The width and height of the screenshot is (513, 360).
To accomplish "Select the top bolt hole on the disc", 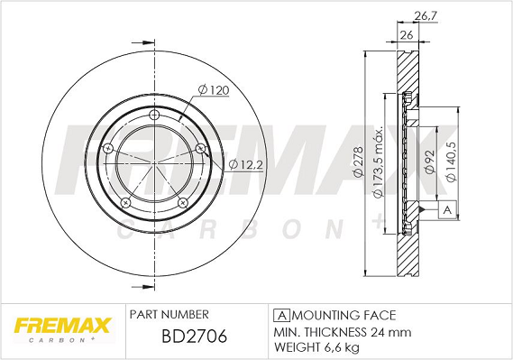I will (x=154, y=115).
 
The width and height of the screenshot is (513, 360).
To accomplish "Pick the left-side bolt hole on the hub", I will (x=109, y=149).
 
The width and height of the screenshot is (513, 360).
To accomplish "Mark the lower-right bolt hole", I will (x=182, y=201).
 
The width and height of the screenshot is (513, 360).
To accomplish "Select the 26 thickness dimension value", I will (x=406, y=34).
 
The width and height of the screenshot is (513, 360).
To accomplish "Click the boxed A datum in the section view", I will (x=446, y=210).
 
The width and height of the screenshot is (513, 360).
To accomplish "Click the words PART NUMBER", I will (x=169, y=314).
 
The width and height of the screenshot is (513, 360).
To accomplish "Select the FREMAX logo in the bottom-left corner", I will (x=60, y=326).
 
